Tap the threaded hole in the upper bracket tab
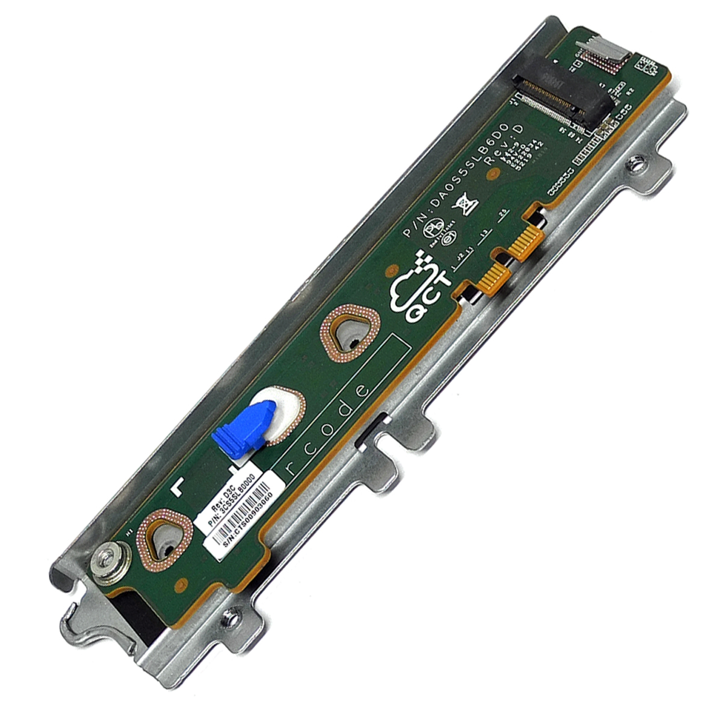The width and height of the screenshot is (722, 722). point(634,164)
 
